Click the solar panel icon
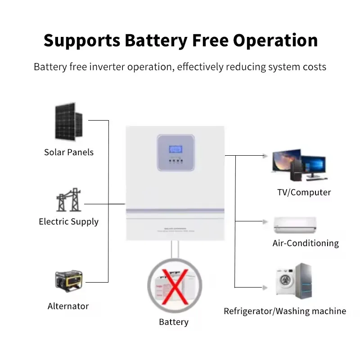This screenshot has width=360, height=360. point(69,121)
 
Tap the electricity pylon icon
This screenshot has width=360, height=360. point(68,201)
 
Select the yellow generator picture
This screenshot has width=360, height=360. point(68,281)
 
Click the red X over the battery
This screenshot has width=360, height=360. point(174,285)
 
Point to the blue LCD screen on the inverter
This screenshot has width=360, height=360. point(175,148)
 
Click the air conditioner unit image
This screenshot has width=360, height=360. point(295,224)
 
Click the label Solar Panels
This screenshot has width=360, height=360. point(69,152)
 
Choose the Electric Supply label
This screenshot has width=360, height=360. point(68,221)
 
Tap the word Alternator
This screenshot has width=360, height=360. point(68,306)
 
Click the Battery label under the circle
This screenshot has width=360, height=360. point(174,322)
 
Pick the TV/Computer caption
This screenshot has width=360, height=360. point(304,193)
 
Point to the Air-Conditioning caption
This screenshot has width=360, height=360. point(306,243)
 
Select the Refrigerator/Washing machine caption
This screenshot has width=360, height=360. point(285,311)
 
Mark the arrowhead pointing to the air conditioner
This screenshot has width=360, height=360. point(265,221)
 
